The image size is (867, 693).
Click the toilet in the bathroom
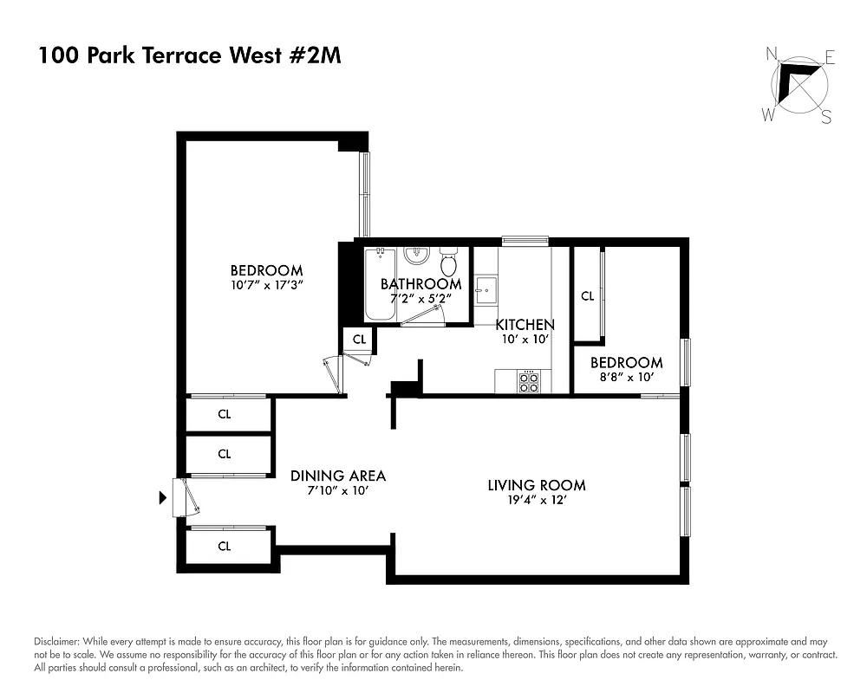448,262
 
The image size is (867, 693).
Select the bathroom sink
417,256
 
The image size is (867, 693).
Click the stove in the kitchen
529,382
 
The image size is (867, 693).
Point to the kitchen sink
486,288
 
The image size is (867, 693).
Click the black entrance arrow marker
162,498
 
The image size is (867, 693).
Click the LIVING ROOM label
536,485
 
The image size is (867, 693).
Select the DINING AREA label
338,476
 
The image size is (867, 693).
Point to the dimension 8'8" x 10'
627,377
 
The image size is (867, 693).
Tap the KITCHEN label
525,325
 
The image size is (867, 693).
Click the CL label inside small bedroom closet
587,296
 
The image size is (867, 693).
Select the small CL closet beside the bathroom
359,339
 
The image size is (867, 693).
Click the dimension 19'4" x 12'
536,500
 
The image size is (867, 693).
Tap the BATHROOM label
420,284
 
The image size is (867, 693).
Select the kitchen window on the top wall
525,240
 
